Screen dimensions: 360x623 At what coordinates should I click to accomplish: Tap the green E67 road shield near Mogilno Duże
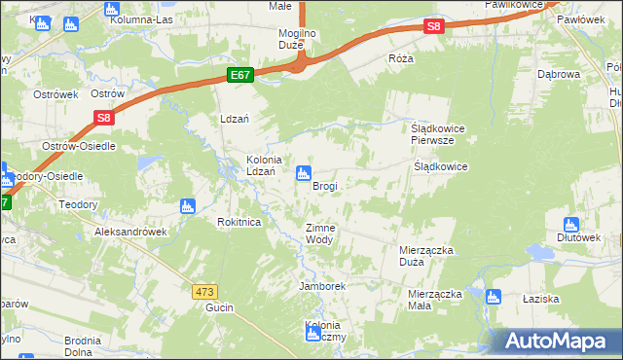[x=241, y=75]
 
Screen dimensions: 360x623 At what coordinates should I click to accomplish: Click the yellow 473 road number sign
[x=203, y=291]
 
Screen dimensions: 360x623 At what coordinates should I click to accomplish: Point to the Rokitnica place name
[x=238, y=222]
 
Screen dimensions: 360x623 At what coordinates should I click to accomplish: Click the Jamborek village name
[x=323, y=287]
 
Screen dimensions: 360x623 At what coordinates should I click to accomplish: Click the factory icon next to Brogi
[x=304, y=173]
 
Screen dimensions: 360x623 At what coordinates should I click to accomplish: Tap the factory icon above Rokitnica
[x=188, y=206]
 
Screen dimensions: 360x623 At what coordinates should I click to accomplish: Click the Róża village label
[x=400, y=58]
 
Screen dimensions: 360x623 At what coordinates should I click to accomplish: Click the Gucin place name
[x=216, y=306]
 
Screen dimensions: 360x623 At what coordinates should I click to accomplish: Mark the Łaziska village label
[x=563, y=299]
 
